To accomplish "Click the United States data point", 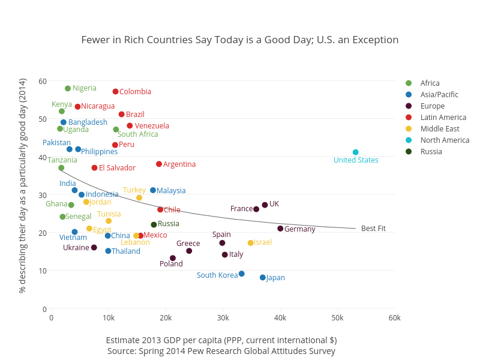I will point(356,152).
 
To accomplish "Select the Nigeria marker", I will point(68,89).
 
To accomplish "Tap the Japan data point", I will point(263,278).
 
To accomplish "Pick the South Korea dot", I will point(242,274).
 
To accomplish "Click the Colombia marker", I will point(116,92).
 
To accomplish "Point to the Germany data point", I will point(280,229).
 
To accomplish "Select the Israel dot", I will point(251,243).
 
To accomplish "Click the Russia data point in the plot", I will point(154,225).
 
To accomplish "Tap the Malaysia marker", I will point(153,190).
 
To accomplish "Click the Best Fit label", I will point(373,229).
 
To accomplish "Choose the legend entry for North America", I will point(445,140).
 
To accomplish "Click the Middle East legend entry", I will point(440,129).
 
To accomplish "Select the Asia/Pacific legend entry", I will point(439,95).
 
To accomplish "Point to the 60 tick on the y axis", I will point(43,82).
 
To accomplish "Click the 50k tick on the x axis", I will point(338,317).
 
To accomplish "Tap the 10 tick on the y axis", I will point(43,271).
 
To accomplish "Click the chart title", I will point(240,40).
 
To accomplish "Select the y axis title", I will point(23,185).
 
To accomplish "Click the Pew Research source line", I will point(221,351).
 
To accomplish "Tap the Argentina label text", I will point(179,164).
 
